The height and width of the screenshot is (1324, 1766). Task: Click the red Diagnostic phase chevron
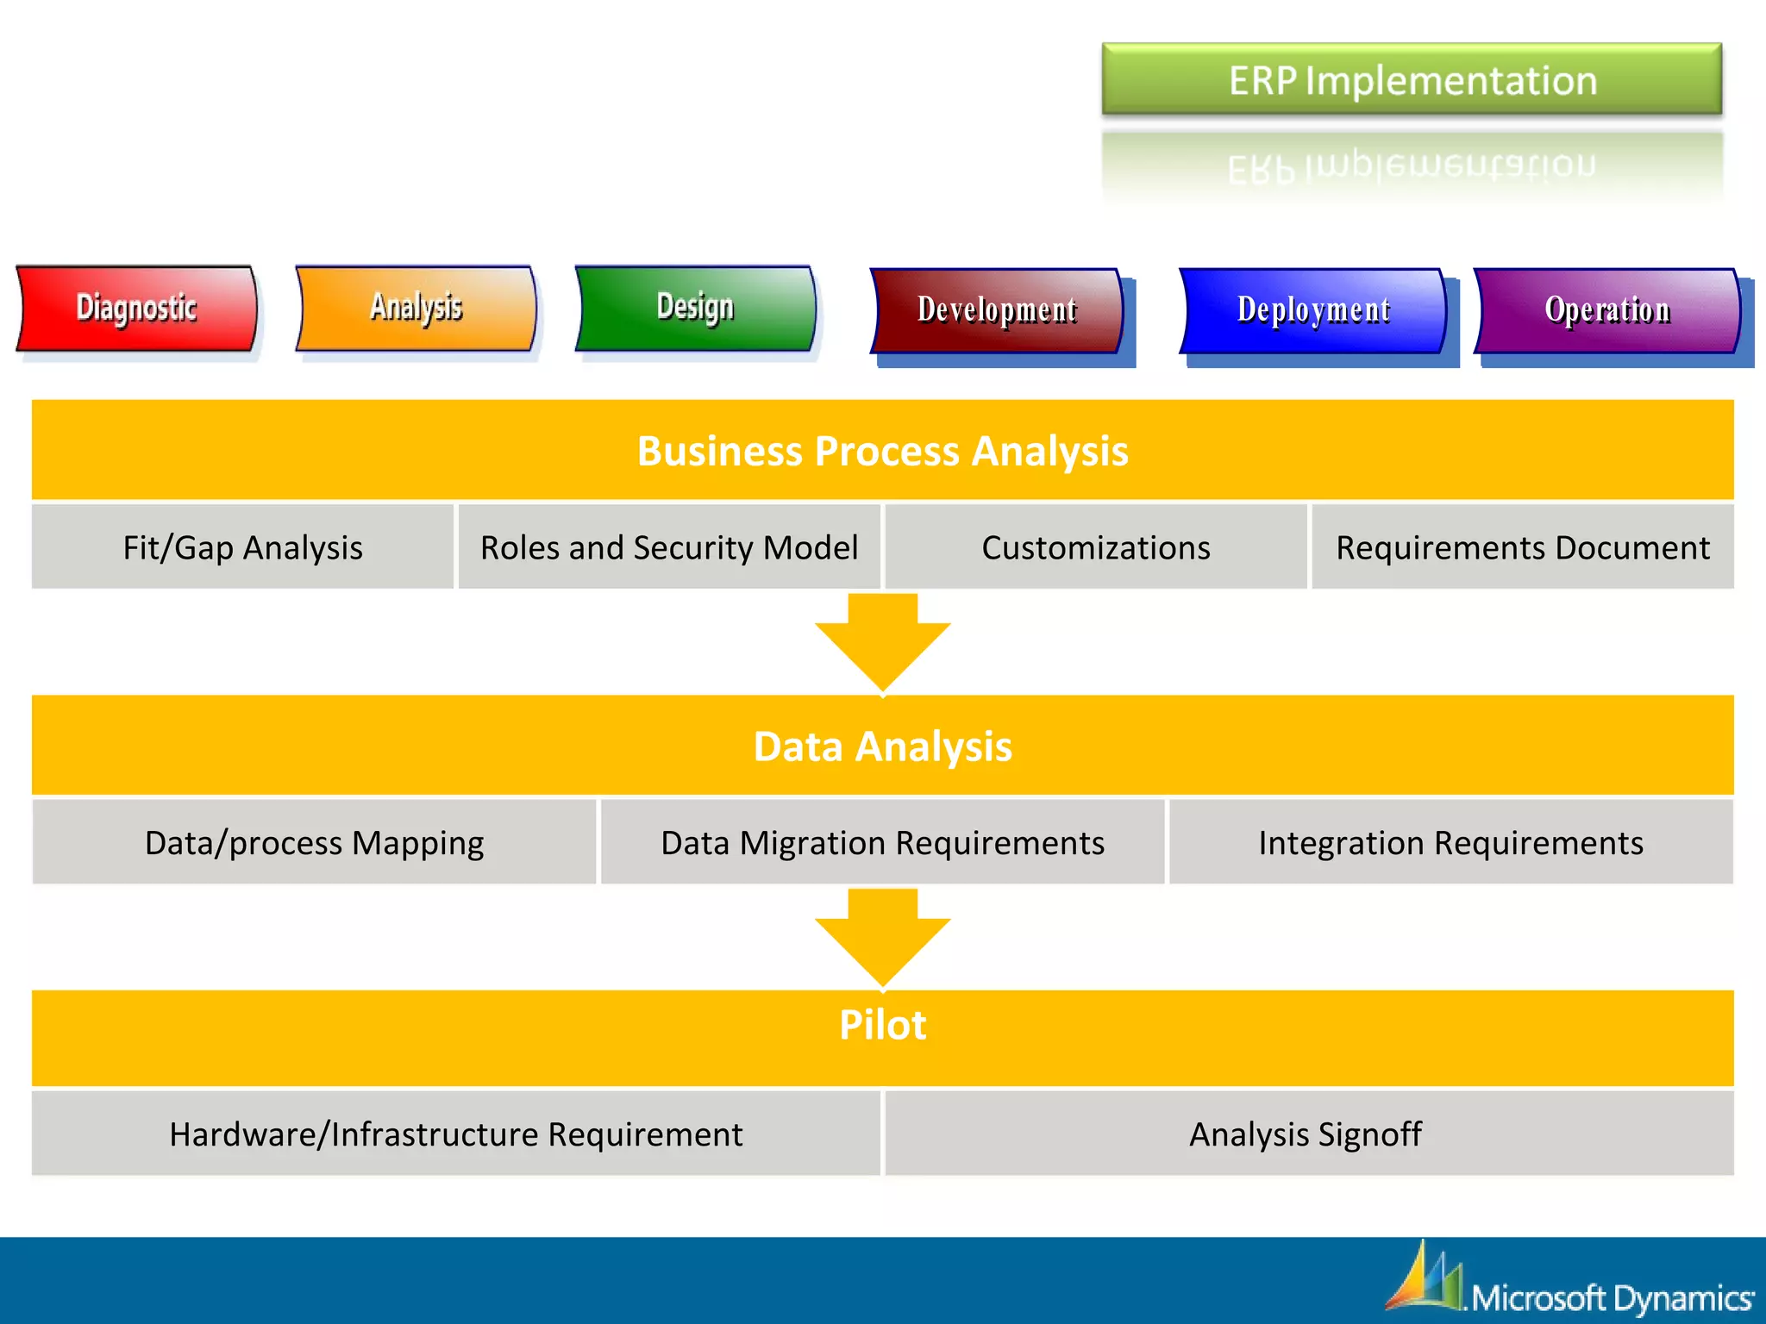coord(136,309)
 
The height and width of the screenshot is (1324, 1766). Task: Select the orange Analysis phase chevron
coord(416,309)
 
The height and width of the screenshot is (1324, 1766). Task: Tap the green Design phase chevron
coord(695,309)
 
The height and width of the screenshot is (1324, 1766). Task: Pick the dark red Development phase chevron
coord(997,310)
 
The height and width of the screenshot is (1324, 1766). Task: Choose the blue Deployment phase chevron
coord(1312,310)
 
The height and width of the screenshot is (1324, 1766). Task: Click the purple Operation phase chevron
coord(1607,310)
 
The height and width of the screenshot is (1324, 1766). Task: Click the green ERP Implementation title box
coord(1412,80)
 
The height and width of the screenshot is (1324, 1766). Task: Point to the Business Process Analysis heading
coord(882,451)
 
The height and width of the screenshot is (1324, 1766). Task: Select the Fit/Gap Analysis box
coord(242,547)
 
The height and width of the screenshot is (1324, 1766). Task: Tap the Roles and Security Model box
coord(669,547)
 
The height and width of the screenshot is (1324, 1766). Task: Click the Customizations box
coord(1095,547)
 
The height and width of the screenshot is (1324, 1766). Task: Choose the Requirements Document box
coord(1522,547)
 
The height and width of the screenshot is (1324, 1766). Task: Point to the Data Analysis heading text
coord(882,746)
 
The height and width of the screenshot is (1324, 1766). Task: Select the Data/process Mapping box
coord(314,842)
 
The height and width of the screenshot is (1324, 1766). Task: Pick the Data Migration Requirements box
coord(882,842)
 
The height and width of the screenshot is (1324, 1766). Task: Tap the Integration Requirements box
coord(1450,842)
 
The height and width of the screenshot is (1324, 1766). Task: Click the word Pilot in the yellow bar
coord(882,1025)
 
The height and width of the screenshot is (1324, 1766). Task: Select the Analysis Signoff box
coord(1306,1134)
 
